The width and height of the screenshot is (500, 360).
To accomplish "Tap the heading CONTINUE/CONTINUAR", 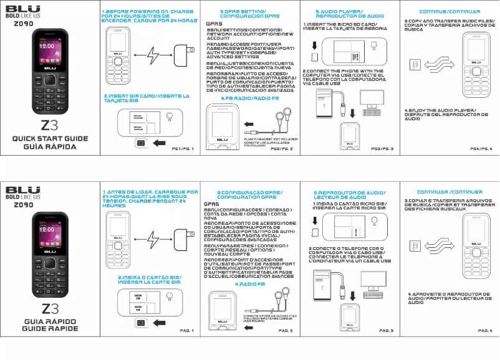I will point(441,12).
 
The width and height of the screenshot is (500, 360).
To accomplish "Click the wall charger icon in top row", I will point(183,54).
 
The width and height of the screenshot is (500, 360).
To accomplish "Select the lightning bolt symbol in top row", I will point(153,55).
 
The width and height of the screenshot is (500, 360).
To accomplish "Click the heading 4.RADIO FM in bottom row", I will point(249,284).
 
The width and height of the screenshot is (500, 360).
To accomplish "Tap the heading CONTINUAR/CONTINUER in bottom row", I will point(441,192).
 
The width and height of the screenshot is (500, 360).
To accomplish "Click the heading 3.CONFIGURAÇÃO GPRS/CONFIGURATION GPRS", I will point(249,195).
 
